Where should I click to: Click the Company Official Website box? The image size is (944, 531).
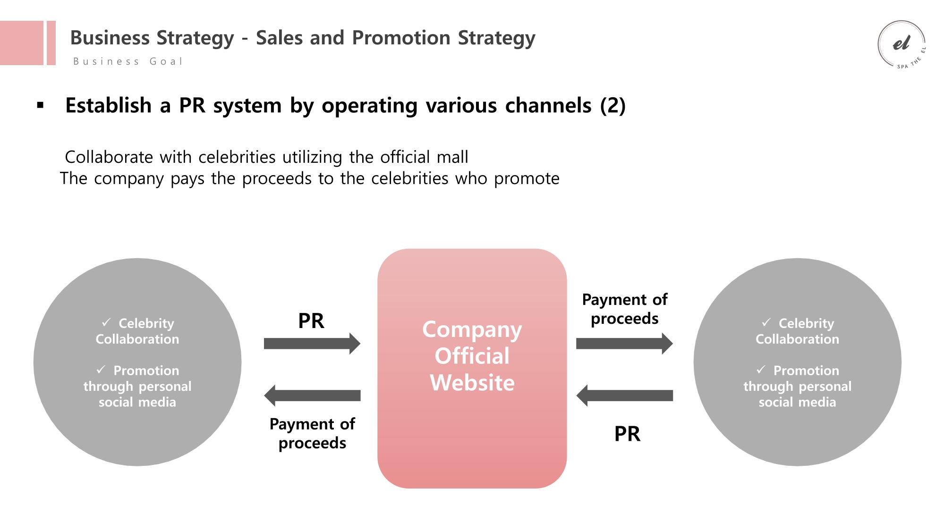[x=472, y=368]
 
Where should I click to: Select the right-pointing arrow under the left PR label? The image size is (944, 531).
[x=312, y=343]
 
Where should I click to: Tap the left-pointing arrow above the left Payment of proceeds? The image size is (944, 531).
[x=312, y=396]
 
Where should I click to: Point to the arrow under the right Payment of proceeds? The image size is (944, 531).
[x=624, y=343]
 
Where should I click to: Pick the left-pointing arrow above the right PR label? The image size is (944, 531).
[x=624, y=396]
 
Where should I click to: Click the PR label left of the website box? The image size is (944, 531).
[x=311, y=321]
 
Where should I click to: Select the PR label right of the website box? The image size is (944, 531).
[x=627, y=434]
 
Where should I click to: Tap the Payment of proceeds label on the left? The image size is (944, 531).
[x=312, y=433]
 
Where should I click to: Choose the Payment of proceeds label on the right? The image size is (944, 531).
[x=625, y=309]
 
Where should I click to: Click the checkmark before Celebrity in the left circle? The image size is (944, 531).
[x=106, y=322]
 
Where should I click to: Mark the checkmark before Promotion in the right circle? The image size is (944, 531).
[x=760, y=370]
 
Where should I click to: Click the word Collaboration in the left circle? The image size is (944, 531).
[x=137, y=339]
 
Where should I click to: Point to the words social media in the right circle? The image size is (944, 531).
[x=797, y=402]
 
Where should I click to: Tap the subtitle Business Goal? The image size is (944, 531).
[x=128, y=61]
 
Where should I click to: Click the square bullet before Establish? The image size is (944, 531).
[x=40, y=105]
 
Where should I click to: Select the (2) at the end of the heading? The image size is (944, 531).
[x=612, y=105]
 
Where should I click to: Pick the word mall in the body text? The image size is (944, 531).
[x=452, y=157]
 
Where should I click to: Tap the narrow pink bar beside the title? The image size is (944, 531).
[x=51, y=43]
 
